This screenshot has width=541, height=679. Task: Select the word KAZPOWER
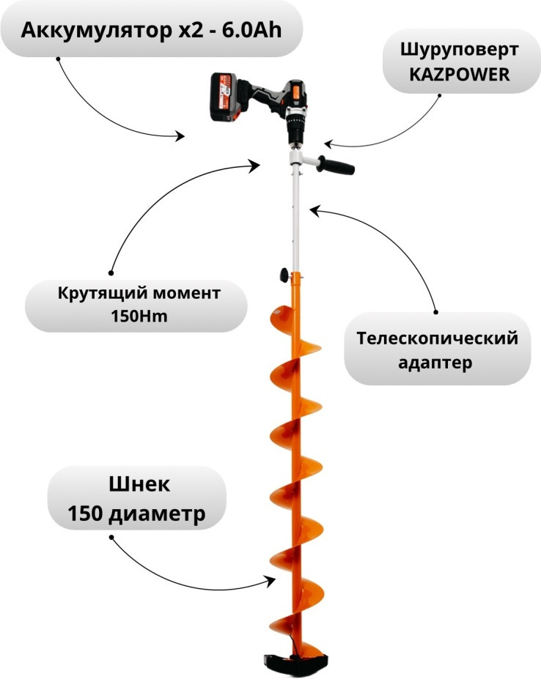click(x=455, y=75)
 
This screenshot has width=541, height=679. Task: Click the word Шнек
click(x=139, y=484)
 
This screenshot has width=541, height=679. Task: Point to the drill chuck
click(x=295, y=131)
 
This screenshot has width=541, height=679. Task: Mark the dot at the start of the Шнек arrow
click(x=112, y=537)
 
